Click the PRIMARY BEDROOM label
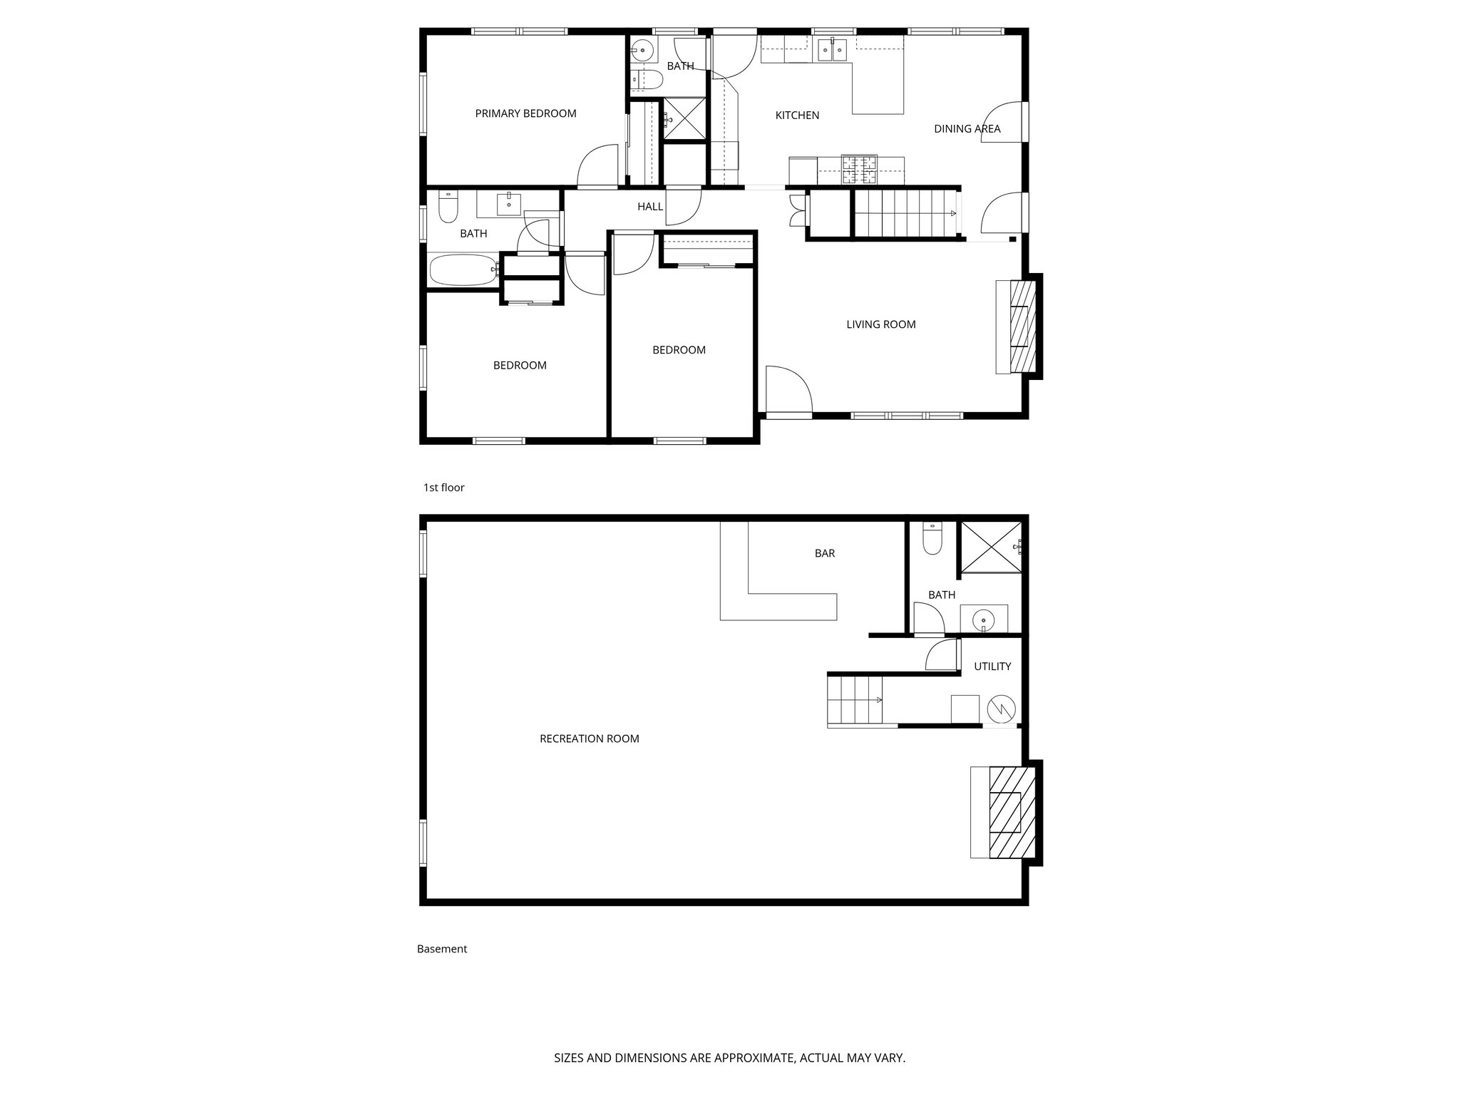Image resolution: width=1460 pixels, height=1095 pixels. pyautogui.click(x=525, y=113)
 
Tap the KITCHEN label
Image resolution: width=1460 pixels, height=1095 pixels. pyautogui.click(x=797, y=115)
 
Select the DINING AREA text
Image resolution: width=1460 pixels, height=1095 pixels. pyautogui.click(x=967, y=128)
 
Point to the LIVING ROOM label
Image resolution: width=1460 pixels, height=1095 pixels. pyautogui.click(x=880, y=324)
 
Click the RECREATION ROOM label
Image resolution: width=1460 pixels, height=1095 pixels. pyautogui.click(x=589, y=739)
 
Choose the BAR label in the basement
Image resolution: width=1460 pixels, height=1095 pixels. pyautogui.click(x=824, y=553)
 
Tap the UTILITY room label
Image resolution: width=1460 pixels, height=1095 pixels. pyautogui.click(x=992, y=667)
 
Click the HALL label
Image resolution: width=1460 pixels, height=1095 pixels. pyautogui.click(x=649, y=207)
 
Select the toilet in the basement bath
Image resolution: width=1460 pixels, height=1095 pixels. pyautogui.click(x=932, y=540)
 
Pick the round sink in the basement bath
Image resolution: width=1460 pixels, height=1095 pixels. pyautogui.click(x=984, y=620)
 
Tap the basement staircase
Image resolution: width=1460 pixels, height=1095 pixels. pyautogui.click(x=855, y=700)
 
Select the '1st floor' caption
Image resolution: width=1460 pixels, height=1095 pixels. pyautogui.click(x=443, y=488)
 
